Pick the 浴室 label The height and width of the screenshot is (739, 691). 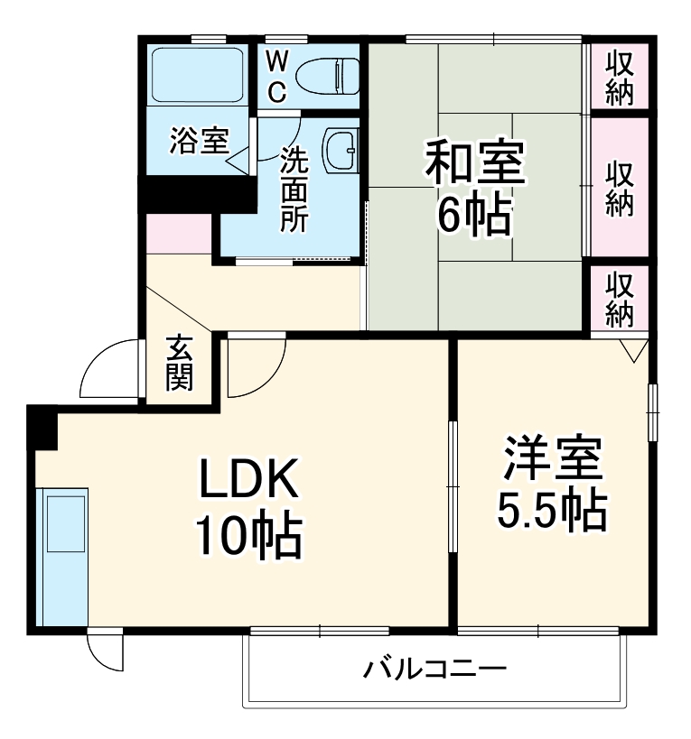(198, 141)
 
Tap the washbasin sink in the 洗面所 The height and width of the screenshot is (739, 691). (342, 148)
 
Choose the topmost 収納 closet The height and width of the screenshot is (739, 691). (619, 78)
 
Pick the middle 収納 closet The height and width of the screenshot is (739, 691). (619, 187)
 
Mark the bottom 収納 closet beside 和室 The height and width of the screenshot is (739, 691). (619, 299)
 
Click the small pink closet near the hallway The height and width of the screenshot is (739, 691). (179, 234)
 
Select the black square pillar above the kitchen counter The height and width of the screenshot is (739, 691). (42, 425)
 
